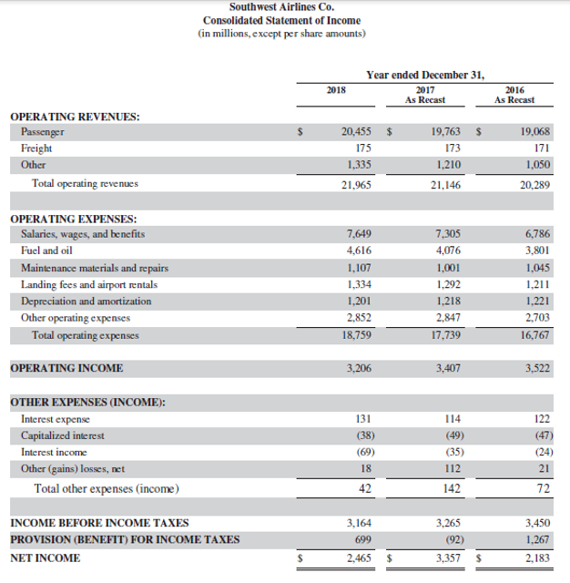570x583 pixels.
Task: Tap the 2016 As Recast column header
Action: click(x=514, y=94)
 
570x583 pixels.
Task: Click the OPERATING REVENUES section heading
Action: click(x=75, y=117)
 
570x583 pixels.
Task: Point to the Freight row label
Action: click(x=36, y=148)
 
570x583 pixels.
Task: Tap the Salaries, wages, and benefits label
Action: click(x=83, y=234)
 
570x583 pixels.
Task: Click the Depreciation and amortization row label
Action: click(x=87, y=302)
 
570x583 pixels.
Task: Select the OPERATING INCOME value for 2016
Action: click(x=534, y=369)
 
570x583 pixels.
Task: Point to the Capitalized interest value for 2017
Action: click(x=449, y=435)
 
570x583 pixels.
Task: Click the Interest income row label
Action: click(x=54, y=452)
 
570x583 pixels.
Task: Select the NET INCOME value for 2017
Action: click(x=445, y=557)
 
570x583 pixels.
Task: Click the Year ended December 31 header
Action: click(x=425, y=74)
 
